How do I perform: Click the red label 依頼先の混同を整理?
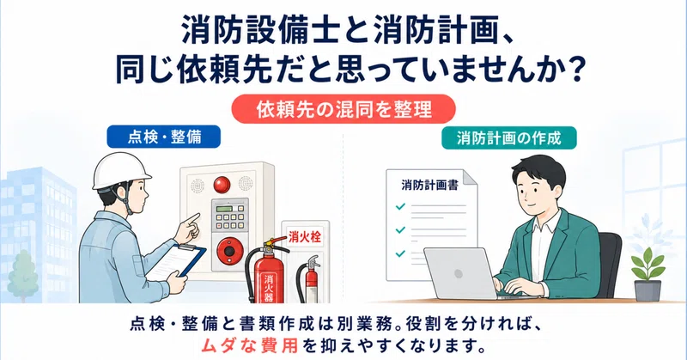tap(343, 109)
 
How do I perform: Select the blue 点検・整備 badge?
tap(164, 137)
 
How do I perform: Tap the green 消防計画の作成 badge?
tap(508, 138)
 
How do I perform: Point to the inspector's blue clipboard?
tap(178, 262)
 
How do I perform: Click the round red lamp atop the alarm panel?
tap(222, 185)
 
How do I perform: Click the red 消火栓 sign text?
tap(305, 237)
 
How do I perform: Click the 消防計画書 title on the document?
tap(430, 185)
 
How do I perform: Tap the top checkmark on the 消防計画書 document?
tap(400, 206)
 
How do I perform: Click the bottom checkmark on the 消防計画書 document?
tap(400, 253)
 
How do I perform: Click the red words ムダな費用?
tap(249, 345)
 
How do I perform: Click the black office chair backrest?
tap(610, 262)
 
